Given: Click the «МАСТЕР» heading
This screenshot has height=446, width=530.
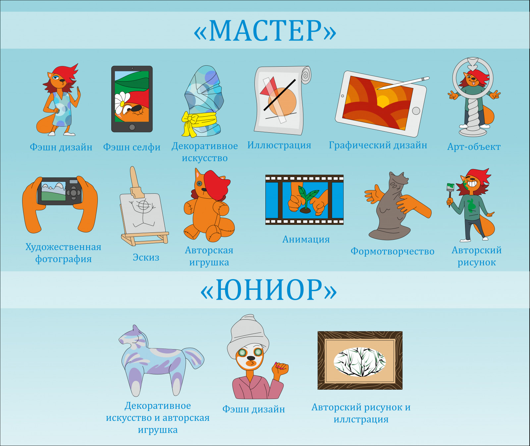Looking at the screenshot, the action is point(265,31).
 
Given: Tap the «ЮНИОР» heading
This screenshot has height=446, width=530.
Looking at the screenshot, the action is point(269,290).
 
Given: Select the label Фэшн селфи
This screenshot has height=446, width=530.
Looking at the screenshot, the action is point(132,147).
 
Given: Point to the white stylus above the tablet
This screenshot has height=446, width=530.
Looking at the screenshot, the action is point(403,83).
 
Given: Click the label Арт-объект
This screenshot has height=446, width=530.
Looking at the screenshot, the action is point(474,147).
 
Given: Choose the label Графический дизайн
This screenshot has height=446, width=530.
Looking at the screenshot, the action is point(378,145).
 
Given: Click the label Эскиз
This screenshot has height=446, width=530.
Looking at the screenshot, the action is point(146,257).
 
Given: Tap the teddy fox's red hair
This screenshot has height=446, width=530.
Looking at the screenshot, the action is point(216,184).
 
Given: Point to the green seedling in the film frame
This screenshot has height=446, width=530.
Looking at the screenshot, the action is point(307,198).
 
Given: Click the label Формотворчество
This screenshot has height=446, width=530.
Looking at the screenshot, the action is point(393,251).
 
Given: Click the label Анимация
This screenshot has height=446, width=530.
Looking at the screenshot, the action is point(306,239).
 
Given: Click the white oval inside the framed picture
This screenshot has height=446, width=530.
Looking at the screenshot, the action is point(360,362).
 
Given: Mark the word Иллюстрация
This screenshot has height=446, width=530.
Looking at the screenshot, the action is point(279,145).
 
